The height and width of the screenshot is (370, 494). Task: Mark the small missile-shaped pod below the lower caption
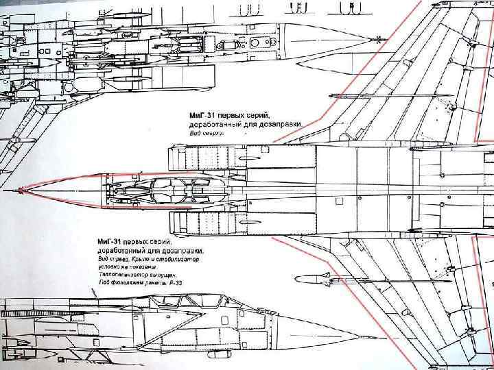(x=311, y=278)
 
